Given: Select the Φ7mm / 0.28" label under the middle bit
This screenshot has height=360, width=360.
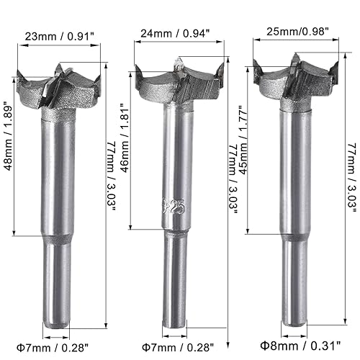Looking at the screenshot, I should click(177, 347).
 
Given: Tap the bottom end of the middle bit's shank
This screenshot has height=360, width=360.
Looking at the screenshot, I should click(177, 328).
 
